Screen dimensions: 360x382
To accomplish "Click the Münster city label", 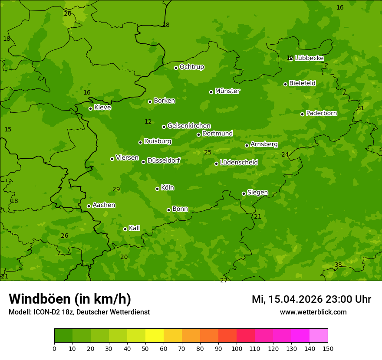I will pos(227,91).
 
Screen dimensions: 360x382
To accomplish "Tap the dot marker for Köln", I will pos(157,189).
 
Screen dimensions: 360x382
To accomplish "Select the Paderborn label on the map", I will pos(321,113).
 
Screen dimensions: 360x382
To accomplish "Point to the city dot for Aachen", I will pos(89,206).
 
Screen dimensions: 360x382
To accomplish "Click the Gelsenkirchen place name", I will pos(189,126).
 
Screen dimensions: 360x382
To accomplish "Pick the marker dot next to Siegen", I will pos(244,193).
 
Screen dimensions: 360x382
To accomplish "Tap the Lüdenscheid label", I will pos(239,163).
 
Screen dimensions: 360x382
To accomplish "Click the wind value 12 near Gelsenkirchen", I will pos(148,122).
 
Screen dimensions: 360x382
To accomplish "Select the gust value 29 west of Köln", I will pos(116,189).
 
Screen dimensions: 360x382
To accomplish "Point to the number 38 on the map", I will pos(338,265).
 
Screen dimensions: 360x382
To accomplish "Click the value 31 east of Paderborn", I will pos(361,108).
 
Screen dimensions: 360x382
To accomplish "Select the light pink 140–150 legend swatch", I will pos(319,336).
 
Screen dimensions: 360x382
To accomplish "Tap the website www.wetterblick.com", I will pos(313,312).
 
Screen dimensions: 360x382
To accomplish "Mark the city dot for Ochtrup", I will pos(176,68).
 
